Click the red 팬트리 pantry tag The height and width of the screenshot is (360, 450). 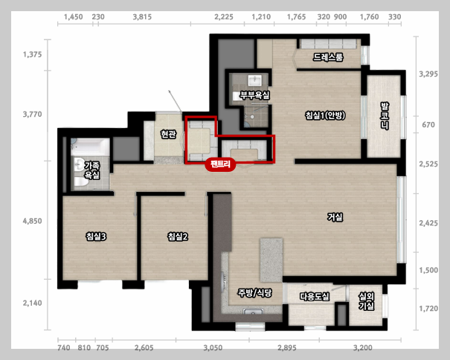tap(220, 164)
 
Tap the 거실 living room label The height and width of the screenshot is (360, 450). tap(335, 216)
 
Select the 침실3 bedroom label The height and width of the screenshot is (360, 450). tap(96, 237)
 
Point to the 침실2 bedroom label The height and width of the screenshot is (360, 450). tap(178, 237)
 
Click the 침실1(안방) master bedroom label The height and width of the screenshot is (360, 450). tap(325, 115)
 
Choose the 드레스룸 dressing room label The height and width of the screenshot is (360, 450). tap(328, 57)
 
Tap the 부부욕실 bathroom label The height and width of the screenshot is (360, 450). tap(255, 95)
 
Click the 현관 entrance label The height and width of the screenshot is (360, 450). tap(168, 134)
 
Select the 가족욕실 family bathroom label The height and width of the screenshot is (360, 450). tap(91, 170)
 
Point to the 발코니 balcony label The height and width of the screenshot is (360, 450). tap(385, 116)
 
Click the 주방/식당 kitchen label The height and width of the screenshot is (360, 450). tap(254, 293)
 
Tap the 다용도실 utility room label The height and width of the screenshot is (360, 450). tap(315, 296)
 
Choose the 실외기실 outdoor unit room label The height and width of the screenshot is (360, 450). tap(367, 301)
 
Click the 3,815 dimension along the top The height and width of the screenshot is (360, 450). tap(142, 17)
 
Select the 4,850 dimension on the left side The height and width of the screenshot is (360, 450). tap(33, 221)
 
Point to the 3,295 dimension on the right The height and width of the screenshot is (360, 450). tap(428, 74)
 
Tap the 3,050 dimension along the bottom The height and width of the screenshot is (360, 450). tap(213, 348)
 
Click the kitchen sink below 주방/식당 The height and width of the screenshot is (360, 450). tap(253, 312)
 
